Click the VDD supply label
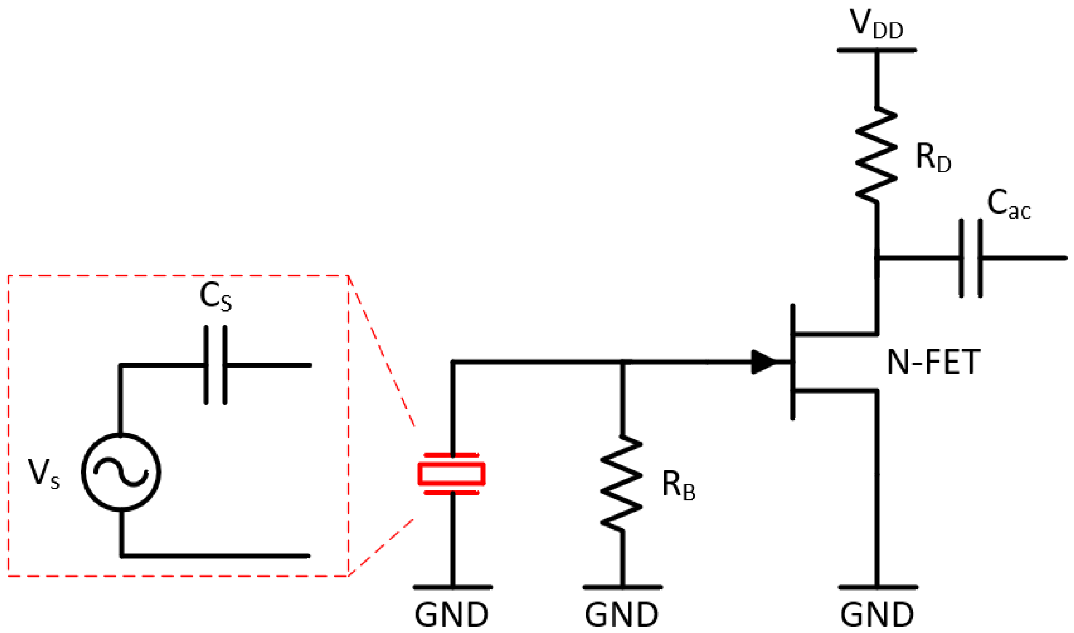(x=876, y=25)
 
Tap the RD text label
(x=933, y=158)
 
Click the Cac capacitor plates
(x=971, y=258)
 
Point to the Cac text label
(x=1008, y=205)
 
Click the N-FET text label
(x=933, y=363)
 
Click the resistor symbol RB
(x=622, y=483)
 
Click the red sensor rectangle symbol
(x=451, y=475)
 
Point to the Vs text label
(x=43, y=474)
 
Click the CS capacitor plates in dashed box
(x=215, y=365)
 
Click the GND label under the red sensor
(x=451, y=615)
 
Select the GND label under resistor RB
(x=621, y=615)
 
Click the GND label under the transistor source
(x=877, y=615)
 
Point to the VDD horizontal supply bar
(x=876, y=51)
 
